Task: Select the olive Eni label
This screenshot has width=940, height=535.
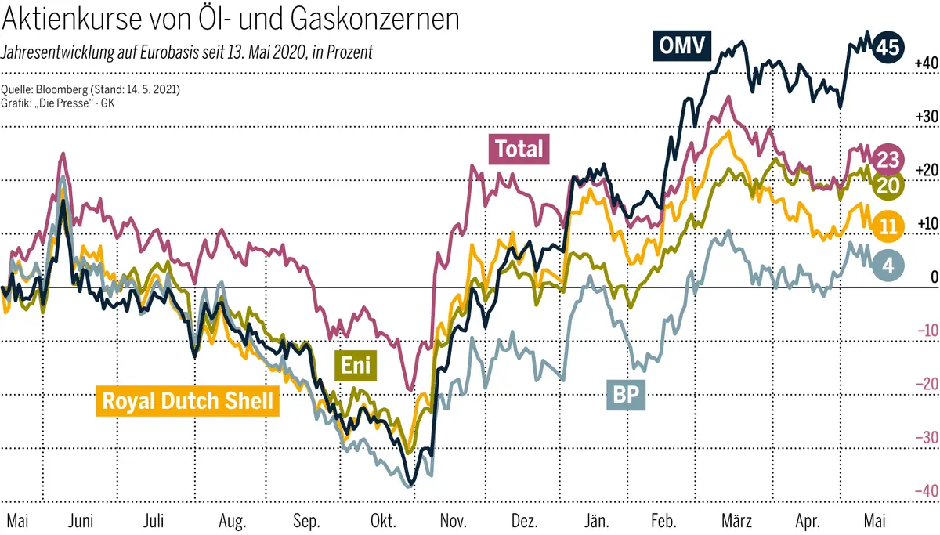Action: pos(356,364)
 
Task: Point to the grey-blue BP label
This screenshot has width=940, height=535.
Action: pos(625,396)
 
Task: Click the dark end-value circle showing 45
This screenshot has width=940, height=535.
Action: pos(887,47)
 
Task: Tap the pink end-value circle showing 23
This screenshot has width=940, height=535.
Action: pos(888,160)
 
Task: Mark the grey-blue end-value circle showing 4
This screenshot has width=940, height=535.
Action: pos(888,265)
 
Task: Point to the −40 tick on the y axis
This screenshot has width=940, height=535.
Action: pos(925,490)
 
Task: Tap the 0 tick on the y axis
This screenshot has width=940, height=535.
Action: pos(933,277)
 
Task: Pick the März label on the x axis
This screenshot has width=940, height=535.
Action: pos(736,521)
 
